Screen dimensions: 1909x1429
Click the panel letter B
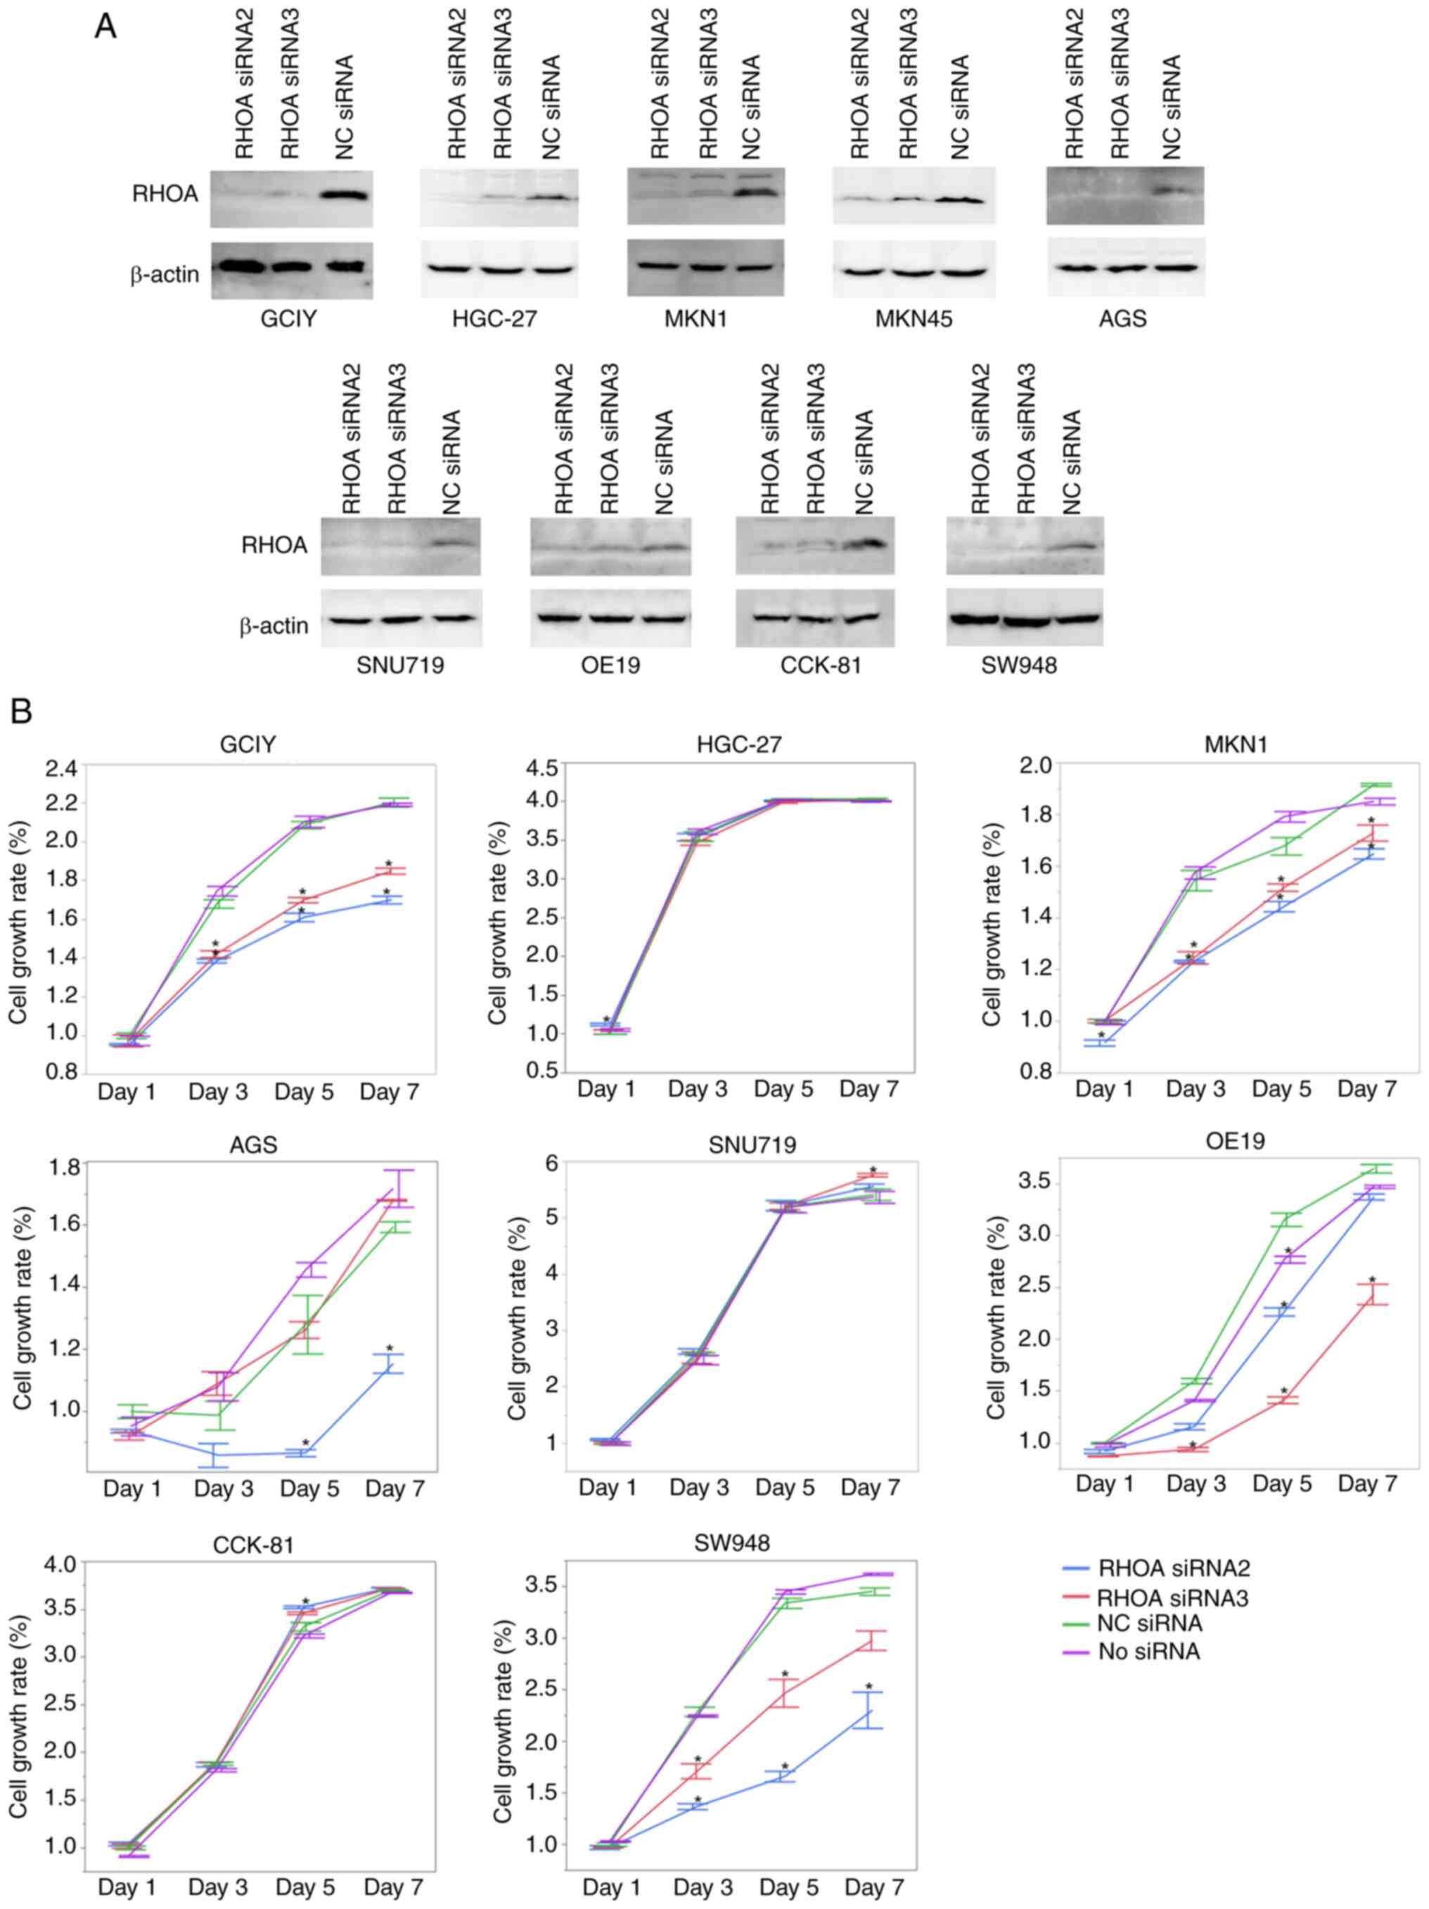tap(20, 711)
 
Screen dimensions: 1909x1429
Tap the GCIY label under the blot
tap(288, 319)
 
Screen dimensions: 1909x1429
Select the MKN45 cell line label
tap(914, 319)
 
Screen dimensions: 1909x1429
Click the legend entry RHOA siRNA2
tap(1174, 1568)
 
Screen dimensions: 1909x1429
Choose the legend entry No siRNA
tap(1148, 1652)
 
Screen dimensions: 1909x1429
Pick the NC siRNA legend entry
tap(1149, 1624)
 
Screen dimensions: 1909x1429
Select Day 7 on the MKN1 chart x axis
tap(1367, 1089)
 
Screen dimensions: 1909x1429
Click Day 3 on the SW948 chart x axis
tap(703, 1886)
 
